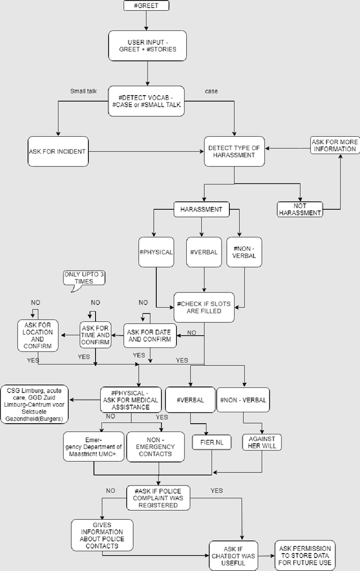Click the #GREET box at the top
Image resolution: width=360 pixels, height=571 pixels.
(x=146, y=6)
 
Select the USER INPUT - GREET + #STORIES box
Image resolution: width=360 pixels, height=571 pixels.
(x=147, y=45)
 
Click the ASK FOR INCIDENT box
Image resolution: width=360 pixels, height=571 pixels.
(x=58, y=151)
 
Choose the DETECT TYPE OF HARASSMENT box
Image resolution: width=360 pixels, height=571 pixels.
(x=234, y=151)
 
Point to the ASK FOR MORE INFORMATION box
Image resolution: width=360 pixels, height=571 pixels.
(x=334, y=146)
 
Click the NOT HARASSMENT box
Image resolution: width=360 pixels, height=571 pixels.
(x=300, y=209)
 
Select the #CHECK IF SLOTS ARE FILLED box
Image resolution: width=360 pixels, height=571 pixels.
(x=204, y=307)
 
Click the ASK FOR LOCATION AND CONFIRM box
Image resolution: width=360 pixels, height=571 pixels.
(x=38, y=335)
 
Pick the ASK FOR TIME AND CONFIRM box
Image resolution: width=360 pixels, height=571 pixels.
(x=95, y=335)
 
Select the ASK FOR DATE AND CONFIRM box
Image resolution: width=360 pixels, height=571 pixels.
(x=150, y=335)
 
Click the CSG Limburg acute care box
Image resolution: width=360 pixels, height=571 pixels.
(x=35, y=404)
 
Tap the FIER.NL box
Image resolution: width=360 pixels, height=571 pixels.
(x=211, y=442)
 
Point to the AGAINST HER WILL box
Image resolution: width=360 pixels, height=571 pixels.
(x=262, y=442)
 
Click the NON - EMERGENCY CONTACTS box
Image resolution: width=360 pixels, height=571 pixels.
(x=155, y=447)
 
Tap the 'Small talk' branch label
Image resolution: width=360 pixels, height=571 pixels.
(x=84, y=91)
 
